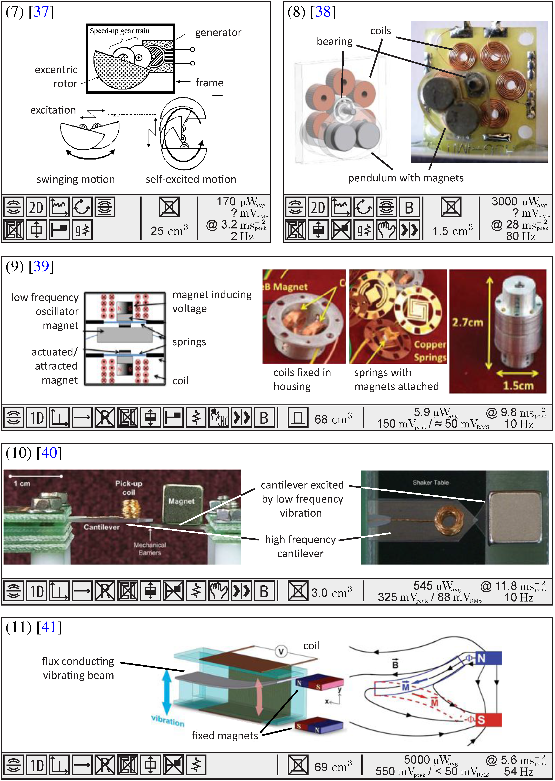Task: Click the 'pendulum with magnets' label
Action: tap(406, 178)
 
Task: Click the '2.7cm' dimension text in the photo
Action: tap(467, 322)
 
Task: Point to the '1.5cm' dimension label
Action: tap(518, 386)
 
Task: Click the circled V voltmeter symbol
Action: tap(281, 652)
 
